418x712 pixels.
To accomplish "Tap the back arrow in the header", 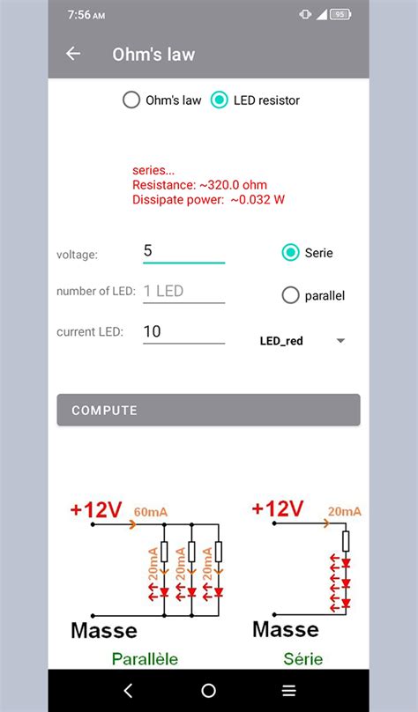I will point(73,54).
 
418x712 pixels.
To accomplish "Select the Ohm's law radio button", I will point(131,100).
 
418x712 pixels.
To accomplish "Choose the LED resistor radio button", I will point(220,100).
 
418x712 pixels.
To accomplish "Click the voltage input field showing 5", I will point(183,251).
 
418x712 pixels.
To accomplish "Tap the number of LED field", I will point(183,291).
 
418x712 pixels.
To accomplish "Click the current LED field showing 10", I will point(183,332).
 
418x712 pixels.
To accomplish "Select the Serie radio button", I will point(290,253).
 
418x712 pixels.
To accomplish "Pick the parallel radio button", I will point(290,296).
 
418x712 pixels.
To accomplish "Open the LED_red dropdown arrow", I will point(340,341).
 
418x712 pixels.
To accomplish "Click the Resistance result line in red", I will point(199,185).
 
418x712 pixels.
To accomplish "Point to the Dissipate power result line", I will point(208,200).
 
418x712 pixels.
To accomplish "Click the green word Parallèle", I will point(145,658).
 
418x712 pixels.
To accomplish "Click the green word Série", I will point(303,658).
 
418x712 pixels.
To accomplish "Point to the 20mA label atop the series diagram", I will point(344,511).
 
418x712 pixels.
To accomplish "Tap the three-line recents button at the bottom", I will point(288,691).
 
